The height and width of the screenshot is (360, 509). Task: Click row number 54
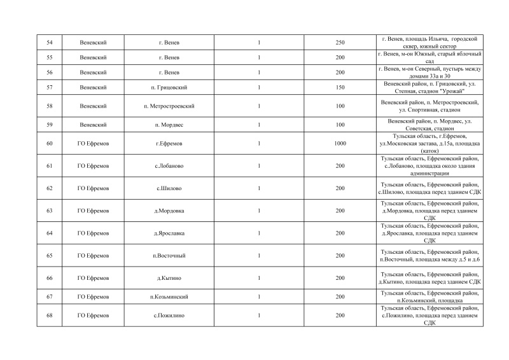pos(50,43)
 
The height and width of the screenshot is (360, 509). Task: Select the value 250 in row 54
pos(340,43)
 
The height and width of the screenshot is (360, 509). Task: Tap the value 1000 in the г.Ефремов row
pos(340,144)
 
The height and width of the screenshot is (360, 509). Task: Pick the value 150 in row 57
pos(340,87)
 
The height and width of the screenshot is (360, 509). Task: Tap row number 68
pos(50,315)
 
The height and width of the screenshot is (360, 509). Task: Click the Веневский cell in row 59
pos(94,125)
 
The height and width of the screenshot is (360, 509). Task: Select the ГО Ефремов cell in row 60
pos(94,144)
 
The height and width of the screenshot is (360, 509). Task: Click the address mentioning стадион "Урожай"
pos(429,87)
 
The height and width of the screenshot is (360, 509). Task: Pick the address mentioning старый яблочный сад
pos(429,57)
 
